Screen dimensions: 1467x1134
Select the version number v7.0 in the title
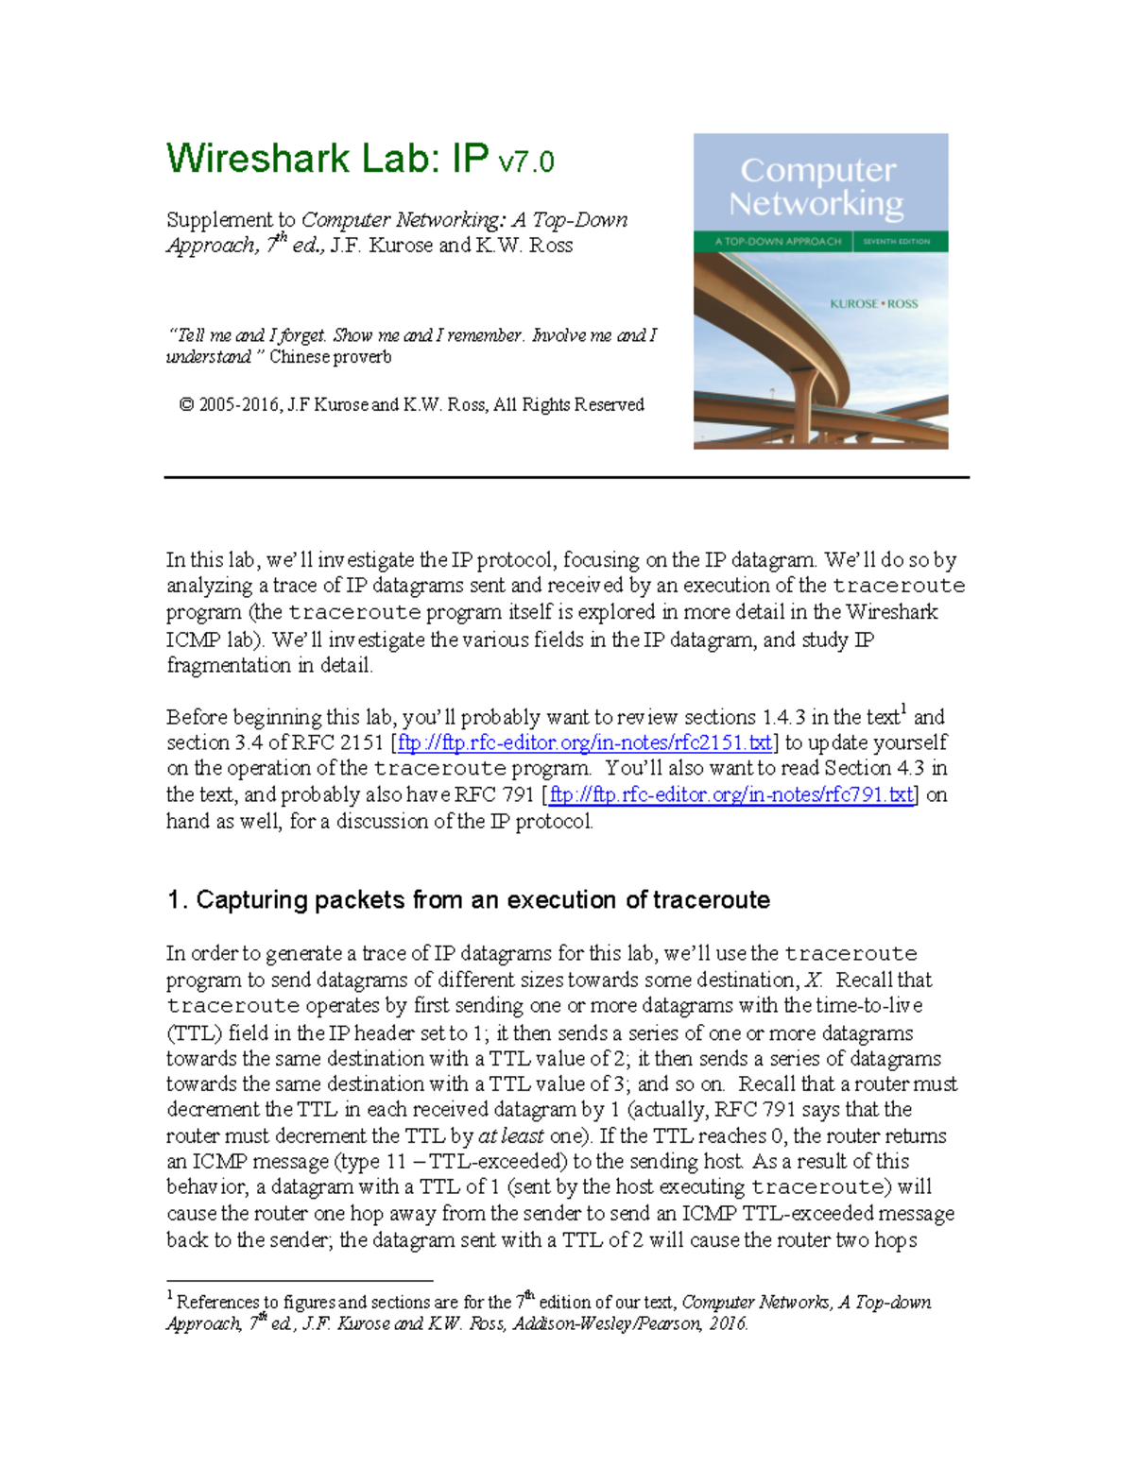click(525, 162)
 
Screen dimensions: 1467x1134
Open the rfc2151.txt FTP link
click(585, 743)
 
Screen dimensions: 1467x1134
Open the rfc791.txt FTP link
click(731, 795)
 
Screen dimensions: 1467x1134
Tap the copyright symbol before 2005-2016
click(186, 405)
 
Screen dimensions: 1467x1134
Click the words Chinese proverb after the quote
click(330, 357)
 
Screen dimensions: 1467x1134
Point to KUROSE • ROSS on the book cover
click(873, 304)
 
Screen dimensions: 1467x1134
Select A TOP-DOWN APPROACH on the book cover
click(777, 242)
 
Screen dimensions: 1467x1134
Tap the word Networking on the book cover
click(816, 204)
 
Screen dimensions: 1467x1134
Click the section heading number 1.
click(174, 900)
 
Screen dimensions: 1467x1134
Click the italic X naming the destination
click(813, 981)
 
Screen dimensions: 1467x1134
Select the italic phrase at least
click(510, 1136)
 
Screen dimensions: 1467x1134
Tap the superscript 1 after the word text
click(903, 709)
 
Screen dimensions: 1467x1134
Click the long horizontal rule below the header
click(567, 478)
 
